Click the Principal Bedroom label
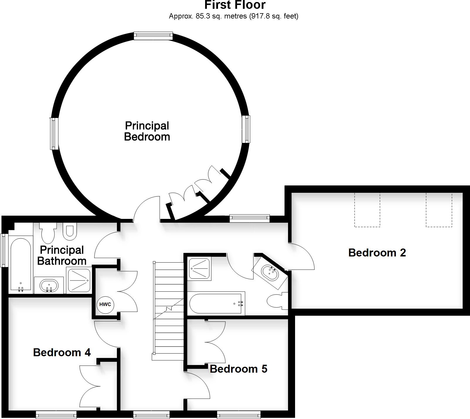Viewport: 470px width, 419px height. [x=147, y=131]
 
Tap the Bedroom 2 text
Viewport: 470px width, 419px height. [x=377, y=253]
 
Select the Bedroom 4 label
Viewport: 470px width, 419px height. [x=62, y=352]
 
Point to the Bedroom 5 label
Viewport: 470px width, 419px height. [x=239, y=369]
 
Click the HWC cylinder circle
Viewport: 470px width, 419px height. [x=105, y=305]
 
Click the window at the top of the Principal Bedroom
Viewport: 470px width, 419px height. [x=153, y=36]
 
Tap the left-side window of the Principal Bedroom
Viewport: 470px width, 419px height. [x=54, y=134]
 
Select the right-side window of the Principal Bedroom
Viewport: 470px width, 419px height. [x=246, y=129]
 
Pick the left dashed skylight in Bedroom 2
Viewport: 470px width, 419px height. [x=367, y=210]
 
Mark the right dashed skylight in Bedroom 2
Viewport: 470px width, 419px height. [x=439, y=210]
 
